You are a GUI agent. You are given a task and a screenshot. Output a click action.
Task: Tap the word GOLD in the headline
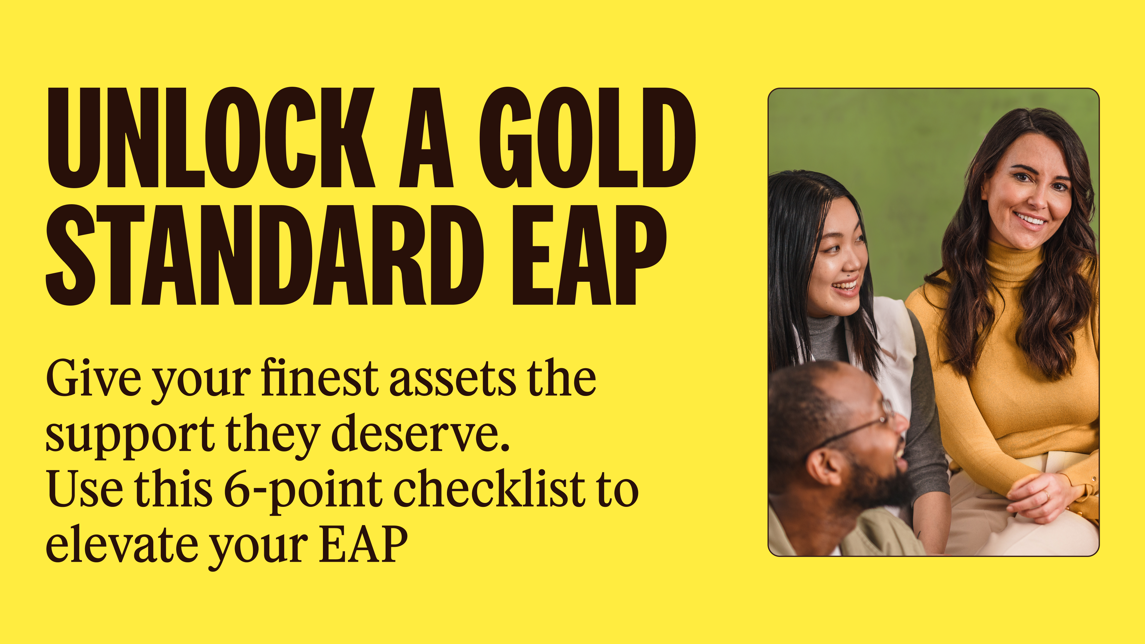tap(587, 138)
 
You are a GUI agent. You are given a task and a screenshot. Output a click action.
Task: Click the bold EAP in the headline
tap(589, 255)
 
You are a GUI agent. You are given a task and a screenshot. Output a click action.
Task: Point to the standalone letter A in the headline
tap(426, 138)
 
